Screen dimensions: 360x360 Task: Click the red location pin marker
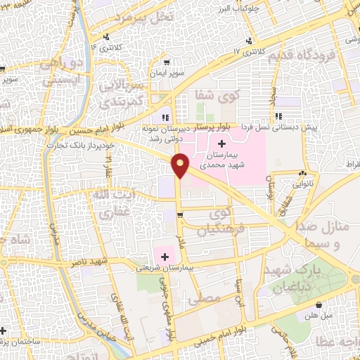pyautogui.click(x=181, y=166)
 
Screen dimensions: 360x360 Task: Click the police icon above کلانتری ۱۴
pyautogui.click(x=106, y=37)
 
